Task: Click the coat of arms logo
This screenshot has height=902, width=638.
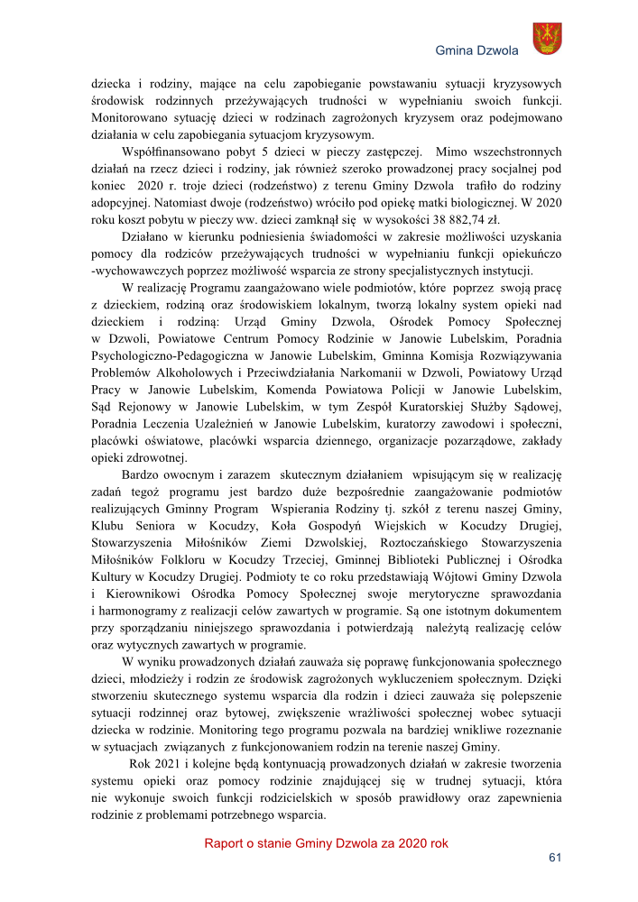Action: click(x=547, y=39)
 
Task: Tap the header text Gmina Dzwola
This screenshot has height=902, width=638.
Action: click(x=476, y=50)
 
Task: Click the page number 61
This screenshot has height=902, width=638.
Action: click(x=555, y=857)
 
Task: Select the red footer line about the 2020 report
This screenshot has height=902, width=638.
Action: click(x=326, y=843)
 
